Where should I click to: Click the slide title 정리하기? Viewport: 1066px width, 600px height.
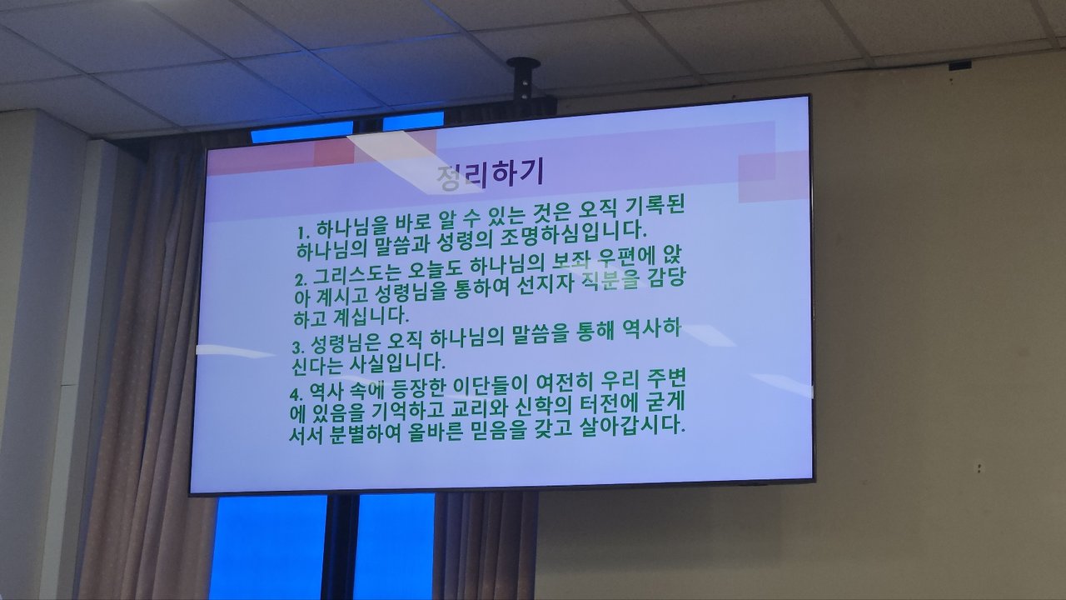[x=491, y=175]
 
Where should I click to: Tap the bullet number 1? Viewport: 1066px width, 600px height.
[x=302, y=233]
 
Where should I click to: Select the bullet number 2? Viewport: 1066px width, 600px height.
[x=301, y=279]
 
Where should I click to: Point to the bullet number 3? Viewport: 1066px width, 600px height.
[x=298, y=347]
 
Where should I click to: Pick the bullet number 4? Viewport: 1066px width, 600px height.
[x=296, y=394]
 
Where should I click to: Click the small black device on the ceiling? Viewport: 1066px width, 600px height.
[x=960, y=66]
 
